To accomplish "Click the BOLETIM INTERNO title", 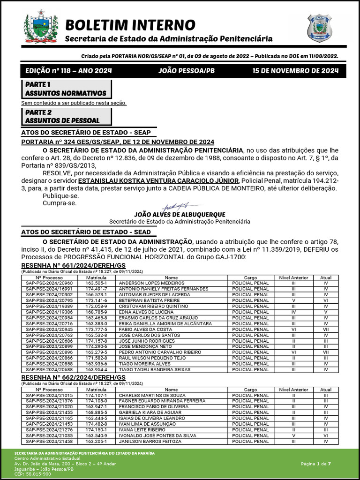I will (x=130, y=24).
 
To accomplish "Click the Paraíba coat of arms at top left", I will (x=41, y=27).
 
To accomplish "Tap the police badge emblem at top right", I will (x=319, y=28).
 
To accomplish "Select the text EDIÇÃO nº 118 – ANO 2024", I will (x=68, y=71).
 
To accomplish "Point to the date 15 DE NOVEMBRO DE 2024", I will (x=295, y=71).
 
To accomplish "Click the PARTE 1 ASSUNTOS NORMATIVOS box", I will (x=66, y=89).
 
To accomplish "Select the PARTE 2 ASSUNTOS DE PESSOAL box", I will (x=66, y=116).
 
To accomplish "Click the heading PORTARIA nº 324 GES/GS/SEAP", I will (x=118, y=142).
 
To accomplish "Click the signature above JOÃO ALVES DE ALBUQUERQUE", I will (x=180, y=206).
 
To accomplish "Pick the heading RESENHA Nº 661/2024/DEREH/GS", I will (x=73, y=266).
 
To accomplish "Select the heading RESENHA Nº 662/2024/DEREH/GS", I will (x=73, y=377).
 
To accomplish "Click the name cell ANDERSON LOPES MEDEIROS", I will (x=145, y=283).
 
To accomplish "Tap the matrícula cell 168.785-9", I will (x=96, y=312).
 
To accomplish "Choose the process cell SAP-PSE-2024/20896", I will (x=49, y=352).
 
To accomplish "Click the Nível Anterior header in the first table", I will (x=293, y=277).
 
